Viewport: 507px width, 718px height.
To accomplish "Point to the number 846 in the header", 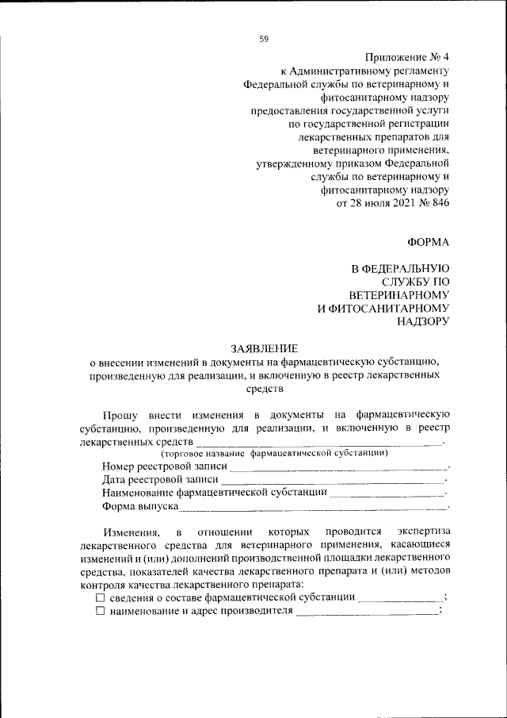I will (x=439, y=204).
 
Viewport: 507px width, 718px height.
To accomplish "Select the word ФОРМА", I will (x=428, y=242).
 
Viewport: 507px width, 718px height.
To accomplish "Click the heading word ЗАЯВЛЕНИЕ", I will (x=265, y=347).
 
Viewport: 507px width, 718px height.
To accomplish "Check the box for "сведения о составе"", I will (x=100, y=597).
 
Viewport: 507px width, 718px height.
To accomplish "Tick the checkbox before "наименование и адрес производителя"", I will (x=100, y=611).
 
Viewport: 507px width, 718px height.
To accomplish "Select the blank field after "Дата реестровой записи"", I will (x=333, y=480).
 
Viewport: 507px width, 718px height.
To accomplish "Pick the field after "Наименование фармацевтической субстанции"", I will (x=387, y=493).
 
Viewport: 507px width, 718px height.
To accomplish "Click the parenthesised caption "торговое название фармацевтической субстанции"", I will (x=274, y=453).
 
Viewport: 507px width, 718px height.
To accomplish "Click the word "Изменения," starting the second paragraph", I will (x=132, y=531).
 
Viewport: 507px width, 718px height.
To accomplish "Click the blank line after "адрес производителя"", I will (x=366, y=612).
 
